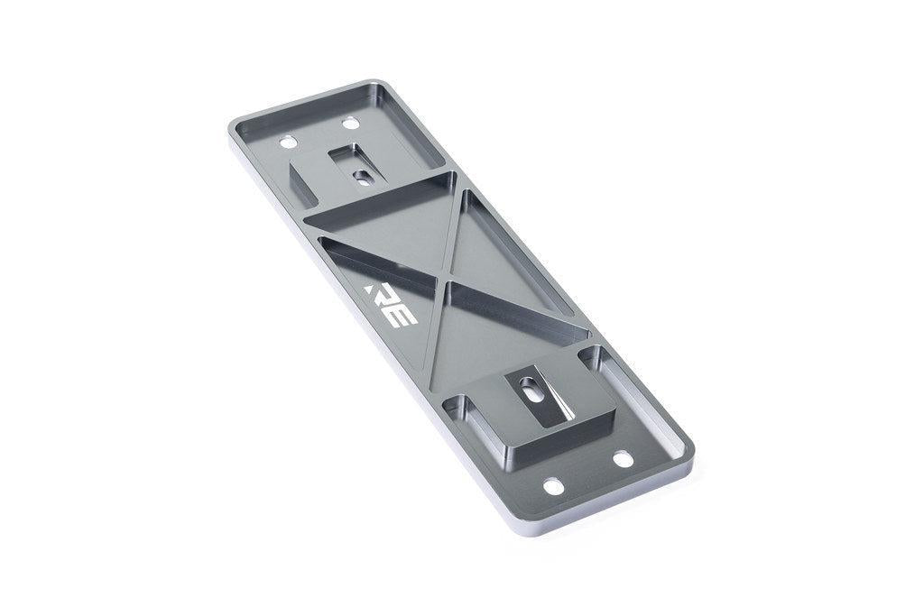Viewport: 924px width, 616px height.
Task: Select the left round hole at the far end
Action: click(288, 142)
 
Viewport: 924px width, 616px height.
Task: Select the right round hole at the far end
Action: click(350, 123)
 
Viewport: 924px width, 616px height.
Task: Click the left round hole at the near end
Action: click(554, 487)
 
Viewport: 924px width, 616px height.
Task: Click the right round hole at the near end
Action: click(623, 459)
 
